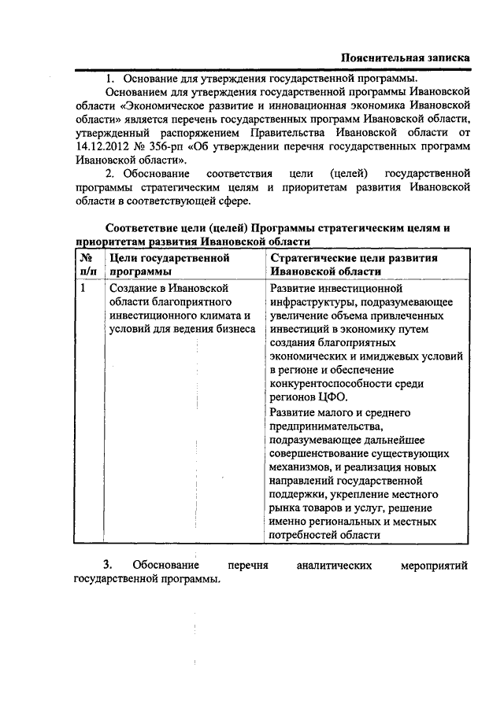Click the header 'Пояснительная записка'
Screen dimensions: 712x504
[406, 58]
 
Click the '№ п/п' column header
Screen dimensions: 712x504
[86, 264]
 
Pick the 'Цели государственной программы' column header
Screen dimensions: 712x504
[169, 264]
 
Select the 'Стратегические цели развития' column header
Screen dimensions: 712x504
[353, 257]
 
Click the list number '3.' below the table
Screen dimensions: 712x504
[108, 565]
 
